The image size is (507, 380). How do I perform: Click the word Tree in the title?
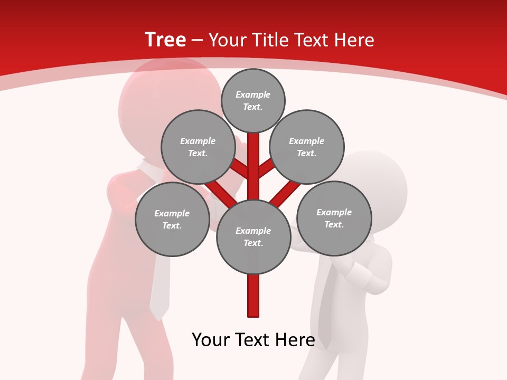coord(165,40)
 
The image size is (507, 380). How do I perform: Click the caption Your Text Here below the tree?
coord(253,340)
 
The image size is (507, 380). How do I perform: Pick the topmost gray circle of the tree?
coord(253,100)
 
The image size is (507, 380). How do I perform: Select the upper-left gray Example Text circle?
coord(198,147)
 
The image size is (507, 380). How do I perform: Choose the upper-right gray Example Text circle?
coord(307,147)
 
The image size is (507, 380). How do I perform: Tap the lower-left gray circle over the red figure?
coord(172,219)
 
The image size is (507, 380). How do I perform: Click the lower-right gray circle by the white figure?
coord(334,218)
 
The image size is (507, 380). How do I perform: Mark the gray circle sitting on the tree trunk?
coord(253,236)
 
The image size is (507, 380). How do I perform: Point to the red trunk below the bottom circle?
coord(253,296)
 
